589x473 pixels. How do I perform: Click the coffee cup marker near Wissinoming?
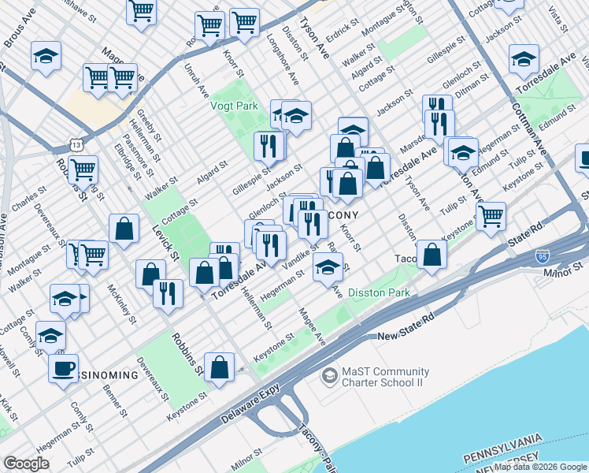pos(63,367)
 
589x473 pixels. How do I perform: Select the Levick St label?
pos(163,244)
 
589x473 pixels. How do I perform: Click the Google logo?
pos(26,464)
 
